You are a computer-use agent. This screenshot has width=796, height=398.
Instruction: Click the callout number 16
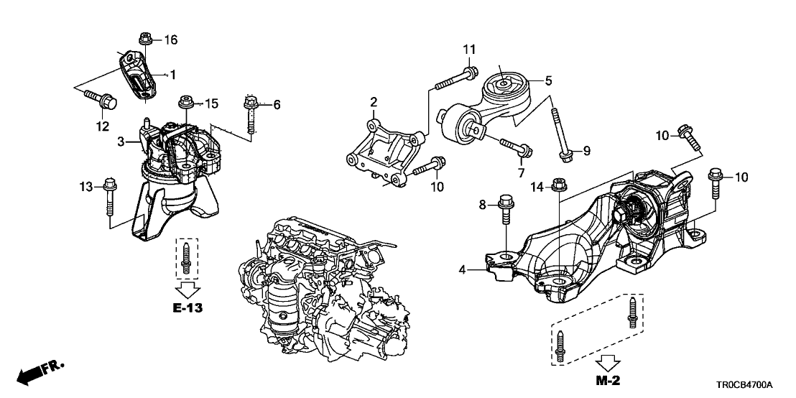coord(171,39)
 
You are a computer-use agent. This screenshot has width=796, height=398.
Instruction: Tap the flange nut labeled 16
coord(142,37)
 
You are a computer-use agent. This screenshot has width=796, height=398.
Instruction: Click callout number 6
coord(276,105)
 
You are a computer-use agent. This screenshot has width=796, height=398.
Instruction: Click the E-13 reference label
coord(188,309)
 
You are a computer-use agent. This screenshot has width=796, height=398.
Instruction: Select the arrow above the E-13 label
coord(188,290)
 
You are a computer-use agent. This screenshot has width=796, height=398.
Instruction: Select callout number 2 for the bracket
coord(374,101)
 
